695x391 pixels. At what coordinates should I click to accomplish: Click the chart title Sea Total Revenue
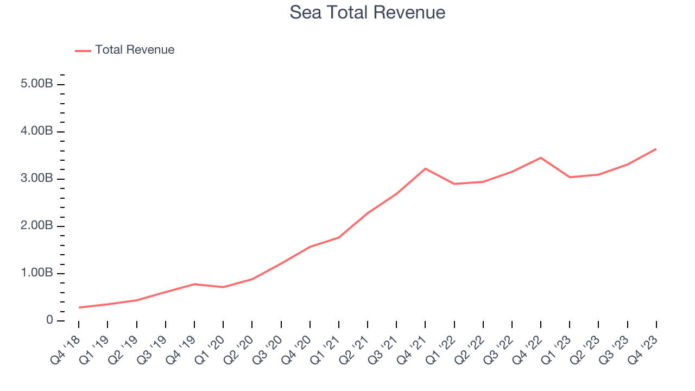368,12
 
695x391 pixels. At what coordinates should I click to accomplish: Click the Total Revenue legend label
135,50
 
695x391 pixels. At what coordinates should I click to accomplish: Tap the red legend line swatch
83,51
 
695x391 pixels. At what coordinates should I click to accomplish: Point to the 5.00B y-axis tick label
37,84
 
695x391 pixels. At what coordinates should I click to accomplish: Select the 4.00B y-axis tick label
37,131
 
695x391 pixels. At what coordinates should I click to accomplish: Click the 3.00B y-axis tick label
37,179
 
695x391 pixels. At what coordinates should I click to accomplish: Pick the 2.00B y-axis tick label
37,226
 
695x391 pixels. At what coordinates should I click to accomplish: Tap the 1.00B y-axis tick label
37,273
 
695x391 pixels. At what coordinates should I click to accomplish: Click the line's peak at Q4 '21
425,168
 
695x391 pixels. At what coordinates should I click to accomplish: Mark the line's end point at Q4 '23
656,149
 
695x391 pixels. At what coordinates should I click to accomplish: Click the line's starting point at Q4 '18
79,307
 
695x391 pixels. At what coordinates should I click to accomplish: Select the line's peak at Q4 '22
541,157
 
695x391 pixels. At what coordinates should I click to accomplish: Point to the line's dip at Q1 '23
570,177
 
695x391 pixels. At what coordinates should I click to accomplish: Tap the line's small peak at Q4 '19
194,284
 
